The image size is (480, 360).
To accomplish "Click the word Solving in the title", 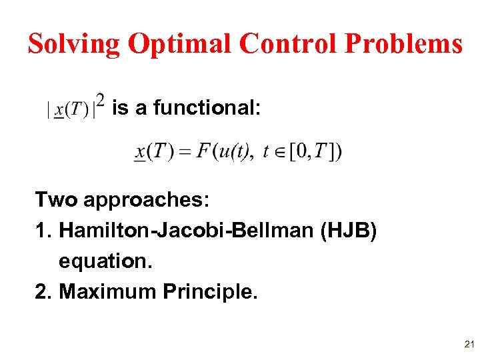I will tap(74, 44).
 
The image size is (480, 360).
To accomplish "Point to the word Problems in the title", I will tap(403, 44).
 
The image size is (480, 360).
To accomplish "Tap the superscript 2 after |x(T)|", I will tap(100, 101).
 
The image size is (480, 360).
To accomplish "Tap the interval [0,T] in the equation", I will tap(311, 152).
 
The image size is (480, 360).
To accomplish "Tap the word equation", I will tap(105, 261).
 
